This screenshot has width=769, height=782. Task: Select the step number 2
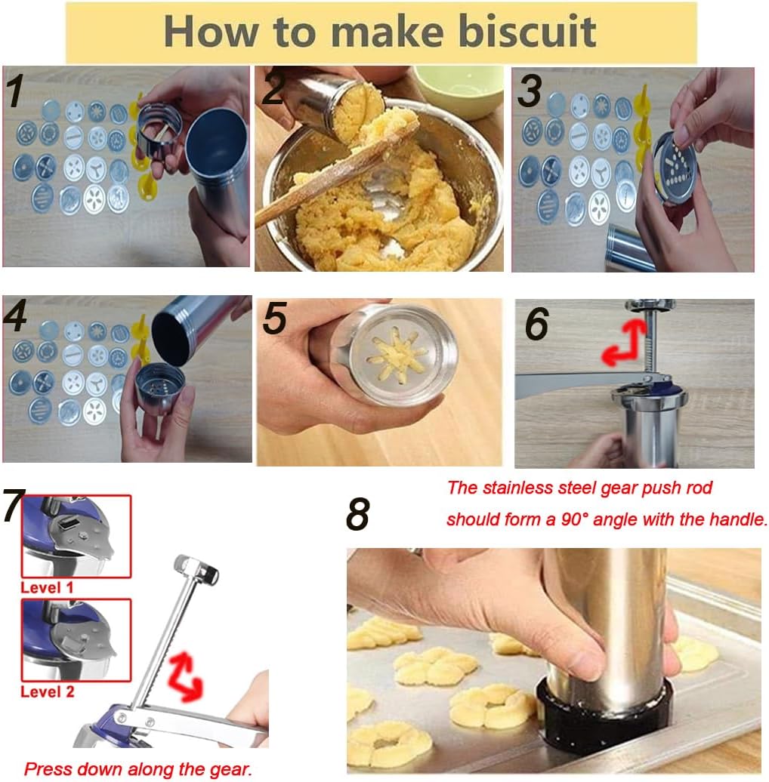(x=273, y=89)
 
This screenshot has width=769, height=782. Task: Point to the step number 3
(x=530, y=91)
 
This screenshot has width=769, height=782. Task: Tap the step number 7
(x=14, y=506)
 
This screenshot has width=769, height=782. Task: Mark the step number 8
(x=357, y=515)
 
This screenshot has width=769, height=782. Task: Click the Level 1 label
(x=47, y=587)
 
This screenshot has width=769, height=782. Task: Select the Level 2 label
(x=47, y=691)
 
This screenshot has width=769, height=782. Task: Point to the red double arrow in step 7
(x=185, y=675)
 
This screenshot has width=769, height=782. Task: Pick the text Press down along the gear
(x=138, y=769)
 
